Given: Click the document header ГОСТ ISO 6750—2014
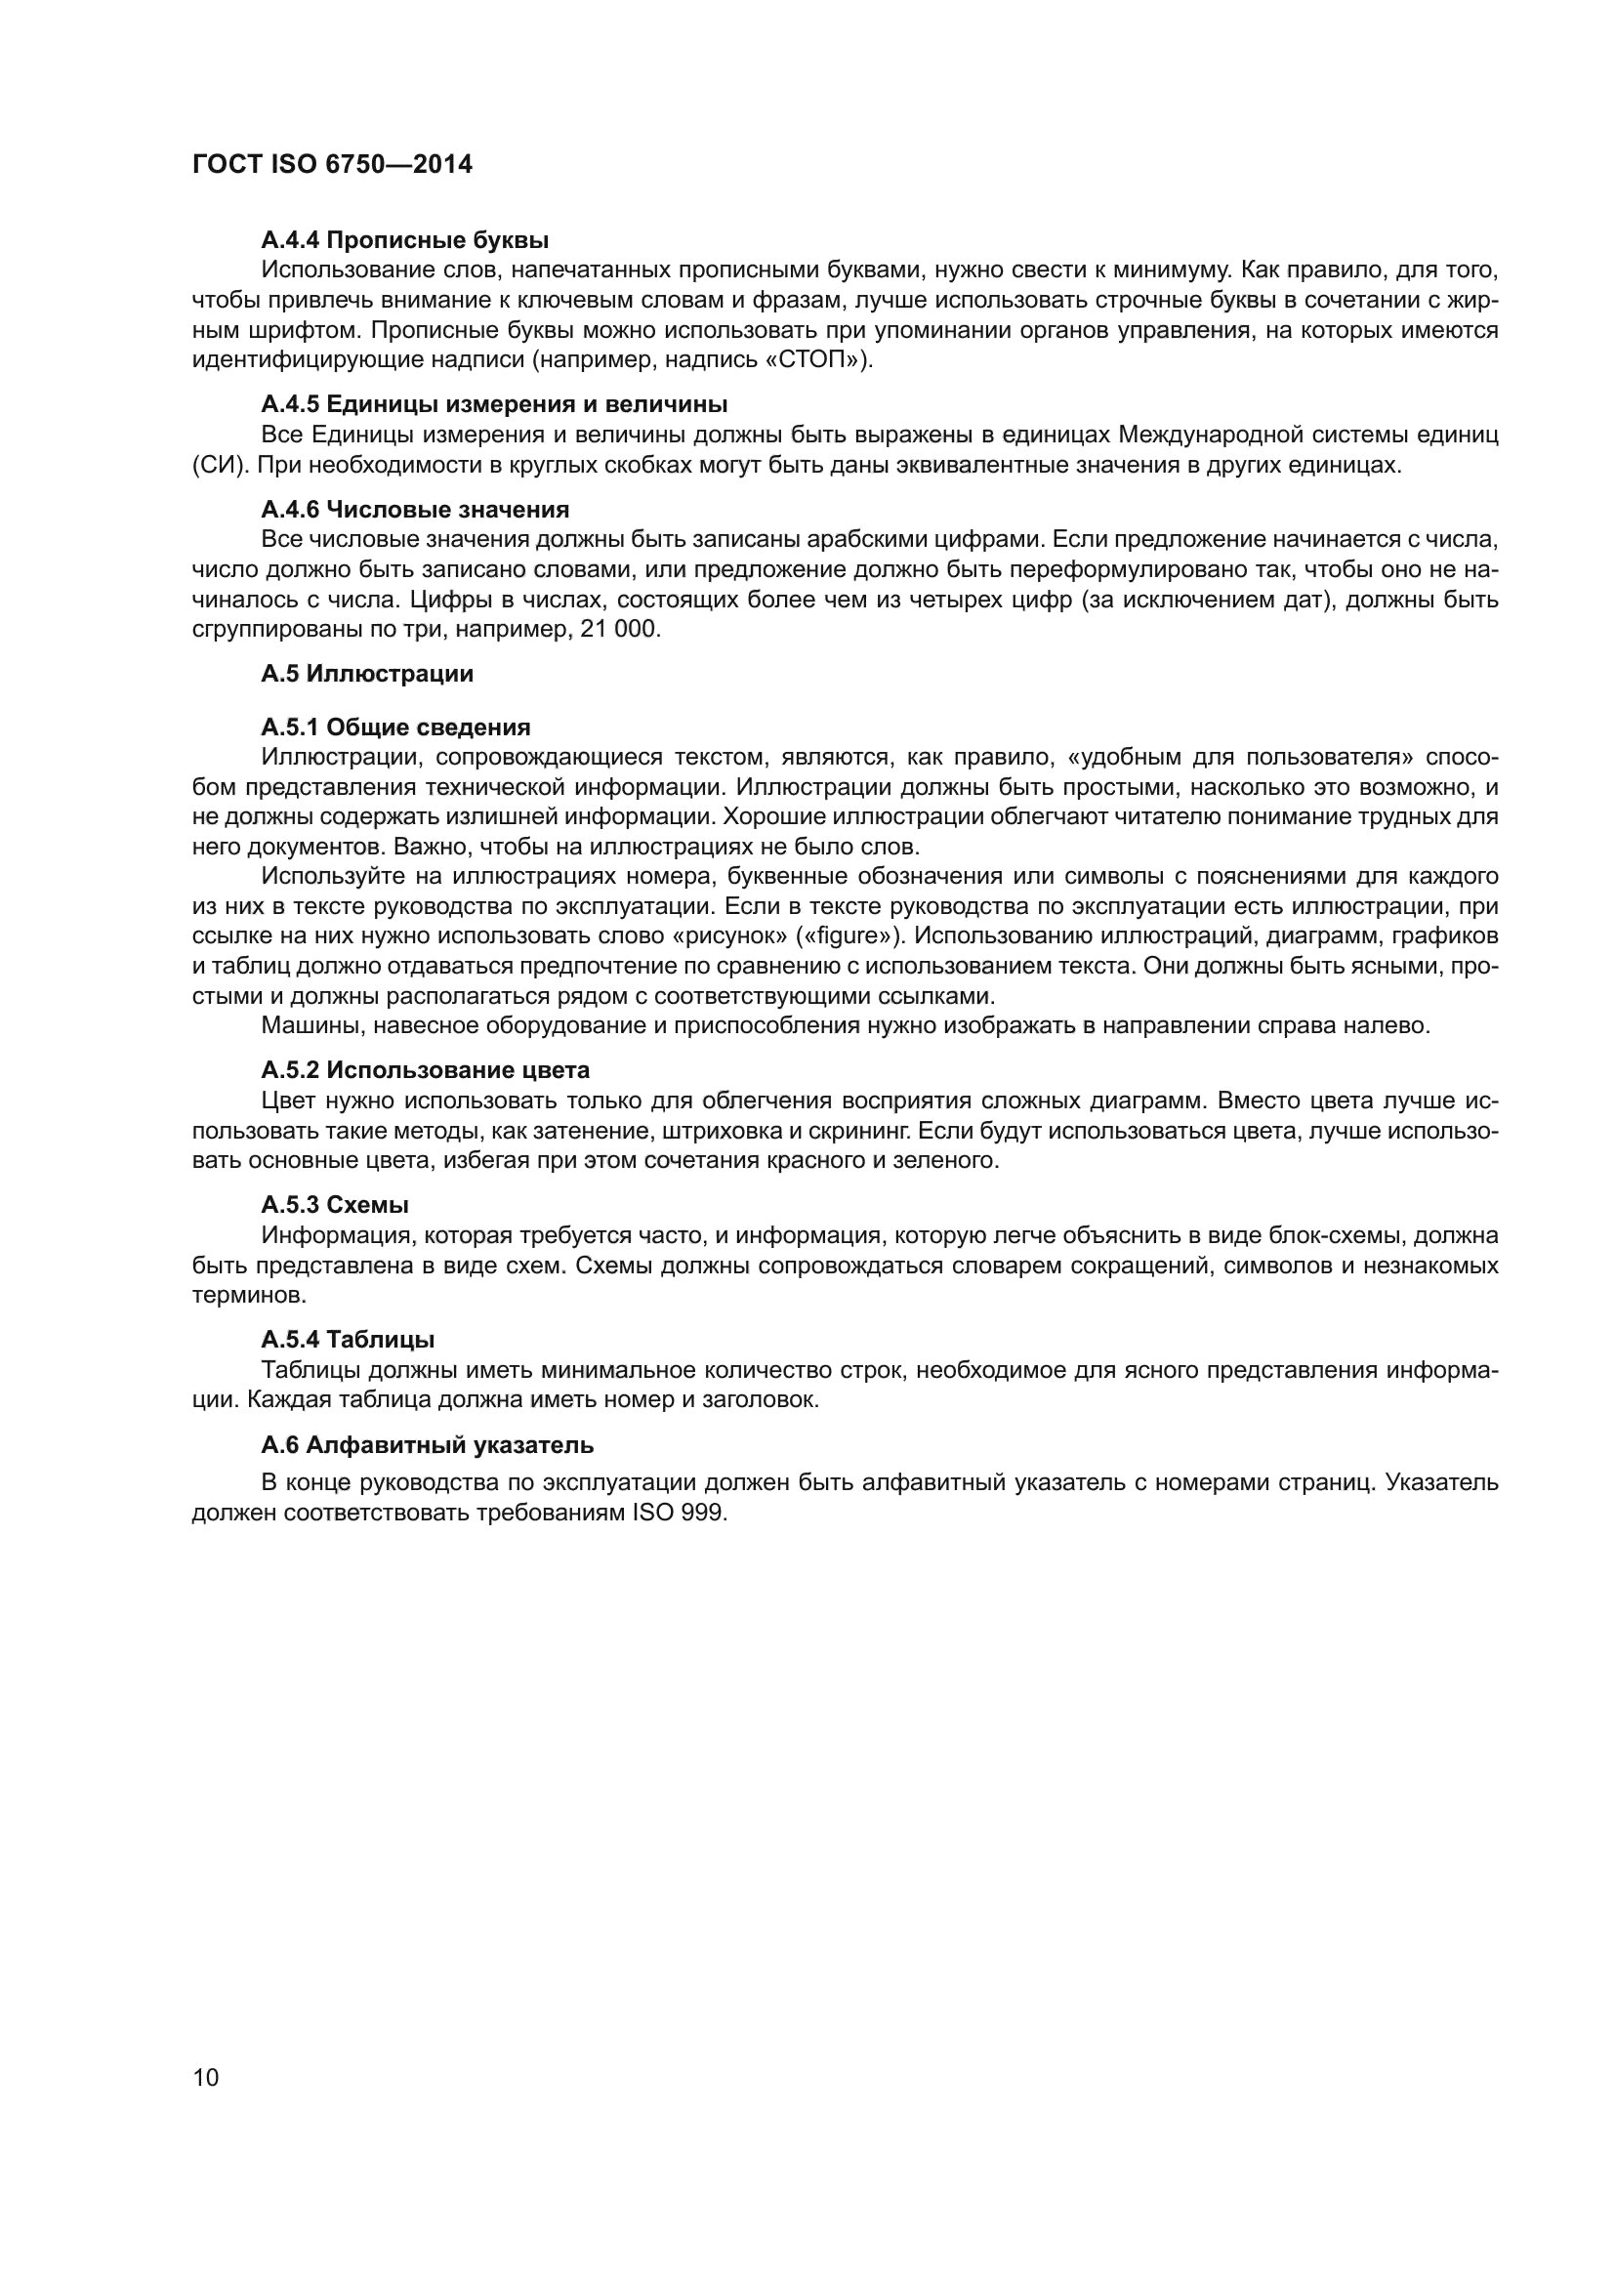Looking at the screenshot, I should click(x=332, y=165).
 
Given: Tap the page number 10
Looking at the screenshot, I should click(x=206, y=2077).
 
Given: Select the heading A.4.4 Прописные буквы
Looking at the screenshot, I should click(x=405, y=240).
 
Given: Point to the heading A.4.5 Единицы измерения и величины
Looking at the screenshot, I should click(x=494, y=404).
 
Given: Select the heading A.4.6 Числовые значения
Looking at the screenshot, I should click(x=415, y=510).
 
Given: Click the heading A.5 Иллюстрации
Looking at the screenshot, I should click(x=367, y=674).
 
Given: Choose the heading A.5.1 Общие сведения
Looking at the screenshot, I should click(x=395, y=727).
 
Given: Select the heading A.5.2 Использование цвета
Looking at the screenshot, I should click(x=425, y=1069).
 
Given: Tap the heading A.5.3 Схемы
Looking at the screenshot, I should click(x=335, y=1205).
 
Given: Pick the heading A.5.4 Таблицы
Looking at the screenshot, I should click(x=348, y=1339).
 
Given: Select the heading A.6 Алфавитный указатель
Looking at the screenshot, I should click(x=428, y=1444).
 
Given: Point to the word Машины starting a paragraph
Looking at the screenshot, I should click(x=304, y=1025).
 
